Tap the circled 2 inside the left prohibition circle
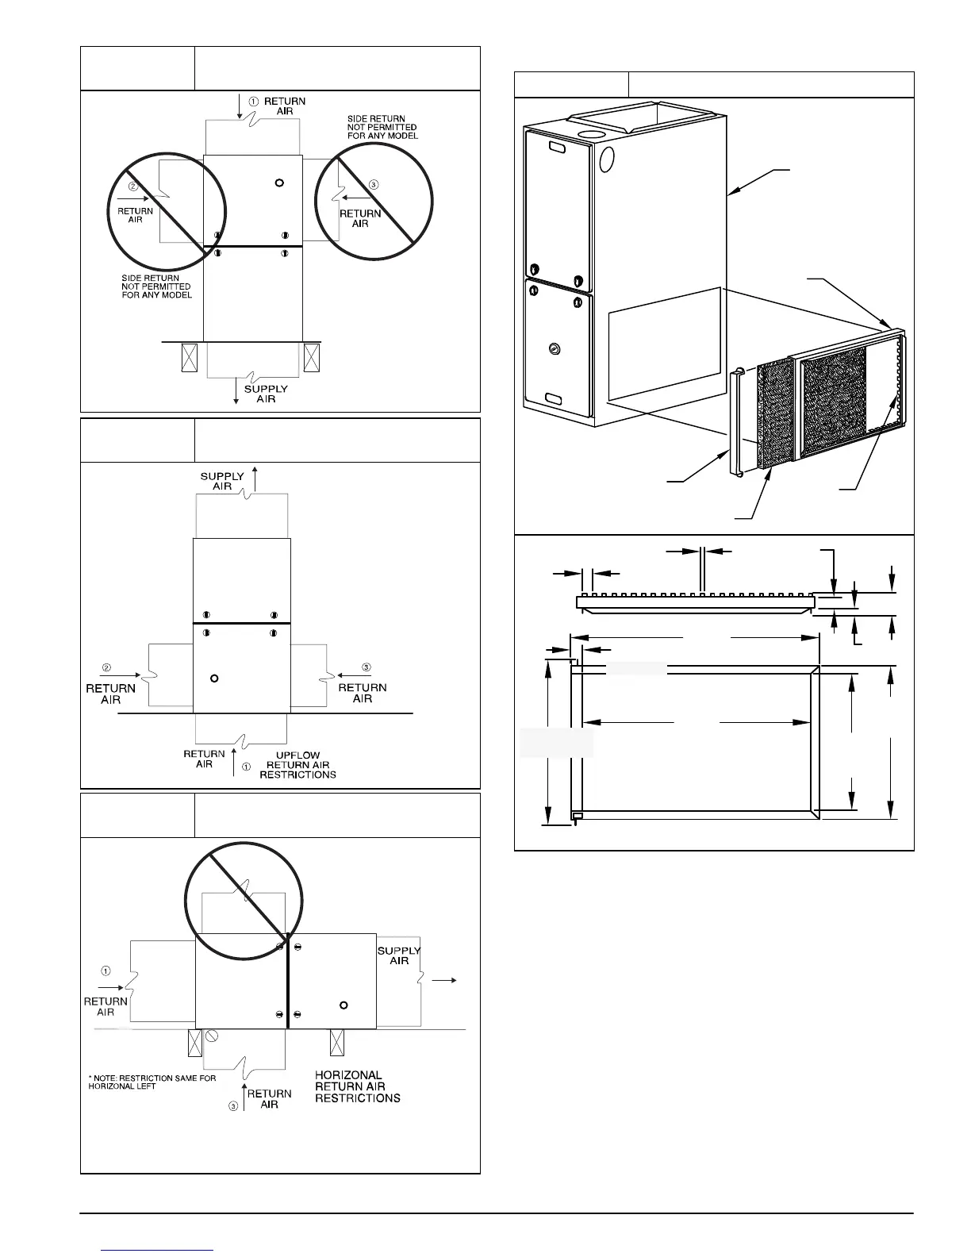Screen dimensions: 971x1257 tap(134, 186)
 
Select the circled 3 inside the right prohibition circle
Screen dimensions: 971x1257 tap(373, 184)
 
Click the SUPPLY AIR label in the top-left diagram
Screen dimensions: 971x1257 tap(266, 394)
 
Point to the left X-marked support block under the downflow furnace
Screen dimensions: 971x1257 tap(190, 357)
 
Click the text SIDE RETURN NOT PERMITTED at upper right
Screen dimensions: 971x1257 tap(382, 127)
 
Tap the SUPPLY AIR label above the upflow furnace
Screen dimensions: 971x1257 tap(222, 481)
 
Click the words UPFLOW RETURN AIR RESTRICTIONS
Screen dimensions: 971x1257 tap(297, 765)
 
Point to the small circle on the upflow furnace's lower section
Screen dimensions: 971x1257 tap(213, 678)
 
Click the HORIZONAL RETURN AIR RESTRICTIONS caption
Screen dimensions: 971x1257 tap(357, 1086)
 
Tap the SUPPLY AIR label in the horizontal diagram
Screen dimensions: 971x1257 tap(399, 955)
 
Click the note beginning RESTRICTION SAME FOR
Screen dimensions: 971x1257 tap(152, 1082)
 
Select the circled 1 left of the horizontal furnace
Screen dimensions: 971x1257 tap(106, 970)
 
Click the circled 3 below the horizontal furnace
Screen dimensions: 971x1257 tap(233, 1106)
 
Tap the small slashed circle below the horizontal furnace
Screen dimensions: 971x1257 tap(212, 1036)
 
